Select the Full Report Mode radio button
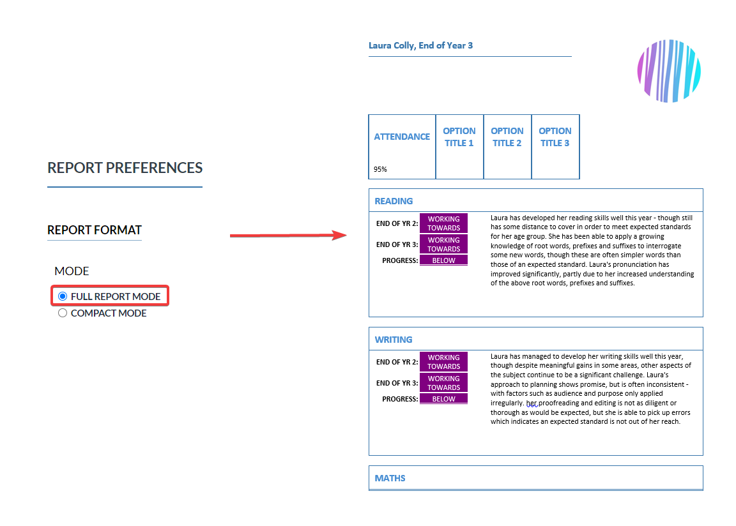pos(63,296)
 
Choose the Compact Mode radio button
pos(63,313)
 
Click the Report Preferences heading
pos(125,168)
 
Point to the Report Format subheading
pos(95,230)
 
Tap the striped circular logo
pos(669,71)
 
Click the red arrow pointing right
pos(288,236)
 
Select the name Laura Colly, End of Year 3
pos(420,45)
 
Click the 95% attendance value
pos(380,169)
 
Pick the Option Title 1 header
pos(459,137)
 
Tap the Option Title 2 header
pos(507,137)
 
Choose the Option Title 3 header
pos(555,137)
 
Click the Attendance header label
pos(402,137)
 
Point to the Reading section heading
pos(394,201)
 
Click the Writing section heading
pos(394,340)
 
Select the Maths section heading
pos(390,478)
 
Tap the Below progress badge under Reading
pos(443,260)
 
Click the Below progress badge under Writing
pos(443,398)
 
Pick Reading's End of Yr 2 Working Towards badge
pos(443,223)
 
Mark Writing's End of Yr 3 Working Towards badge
pos(443,382)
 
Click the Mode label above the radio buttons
pos(72,271)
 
